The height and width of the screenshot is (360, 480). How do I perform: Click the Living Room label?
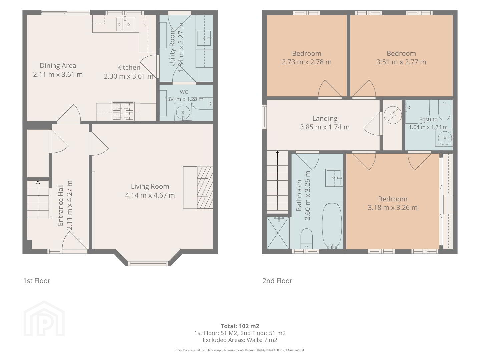coord(150,186)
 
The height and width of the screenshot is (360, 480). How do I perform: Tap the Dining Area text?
coord(58,66)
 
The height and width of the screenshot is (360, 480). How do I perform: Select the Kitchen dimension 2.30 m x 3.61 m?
coord(128,76)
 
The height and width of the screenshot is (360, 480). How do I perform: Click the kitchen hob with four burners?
coord(123,111)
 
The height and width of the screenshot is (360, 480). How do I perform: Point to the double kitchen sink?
coord(125,24)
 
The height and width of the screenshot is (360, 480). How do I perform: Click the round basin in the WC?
coord(183,112)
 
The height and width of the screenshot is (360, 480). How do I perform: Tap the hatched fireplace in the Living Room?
coord(205,188)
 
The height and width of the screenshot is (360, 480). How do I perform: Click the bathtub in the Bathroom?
coord(332,225)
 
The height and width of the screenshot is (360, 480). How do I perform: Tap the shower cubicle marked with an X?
coord(278,233)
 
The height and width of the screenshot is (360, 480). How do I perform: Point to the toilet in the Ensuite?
coord(444,110)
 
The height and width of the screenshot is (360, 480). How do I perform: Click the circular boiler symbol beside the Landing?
coord(393,115)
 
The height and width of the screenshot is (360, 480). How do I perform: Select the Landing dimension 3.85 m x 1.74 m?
coord(325,127)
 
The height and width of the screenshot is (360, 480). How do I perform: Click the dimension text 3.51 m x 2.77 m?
coord(401,62)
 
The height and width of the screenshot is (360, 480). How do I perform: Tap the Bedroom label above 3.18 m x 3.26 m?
coord(393,199)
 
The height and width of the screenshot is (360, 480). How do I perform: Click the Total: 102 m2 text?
coord(240,326)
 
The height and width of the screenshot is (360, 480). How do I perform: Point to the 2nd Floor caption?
coord(277,281)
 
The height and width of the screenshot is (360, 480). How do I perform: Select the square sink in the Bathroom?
coord(334,178)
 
